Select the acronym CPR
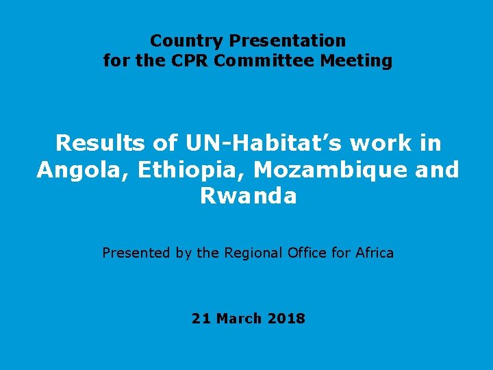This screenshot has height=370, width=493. (x=188, y=61)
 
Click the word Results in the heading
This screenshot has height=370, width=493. (x=100, y=143)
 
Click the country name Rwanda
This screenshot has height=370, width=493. (x=248, y=197)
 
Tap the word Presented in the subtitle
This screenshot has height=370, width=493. (x=136, y=253)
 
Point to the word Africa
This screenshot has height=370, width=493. (x=375, y=253)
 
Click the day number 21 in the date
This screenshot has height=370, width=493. (x=201, y=319)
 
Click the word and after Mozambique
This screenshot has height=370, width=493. (x=437, y=170)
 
